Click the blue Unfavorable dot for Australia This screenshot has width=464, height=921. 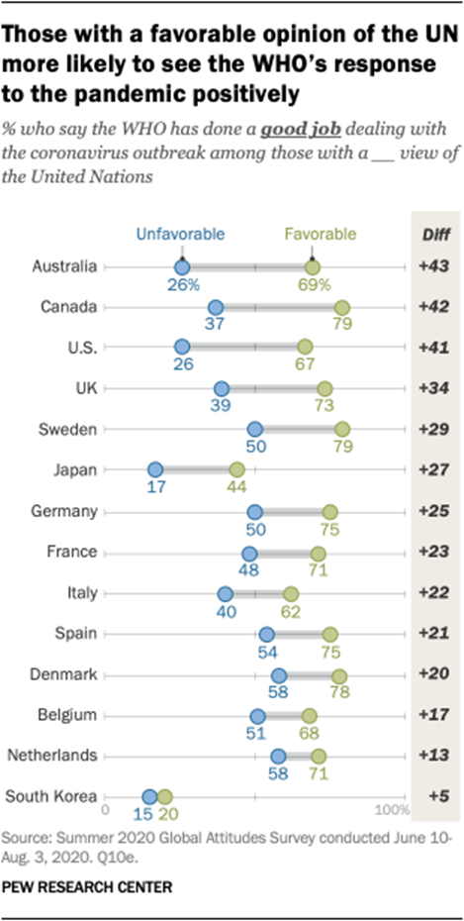pos(181,266)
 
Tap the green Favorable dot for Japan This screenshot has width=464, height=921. pos(236,470)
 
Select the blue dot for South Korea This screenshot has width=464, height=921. pos(149,796)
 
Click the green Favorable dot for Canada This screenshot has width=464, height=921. pos(343,307)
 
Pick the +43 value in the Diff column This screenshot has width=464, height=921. pos(432,266)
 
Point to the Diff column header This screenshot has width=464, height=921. pos(432,235)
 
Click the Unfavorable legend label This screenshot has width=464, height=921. pos(182,235)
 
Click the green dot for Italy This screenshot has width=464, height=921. pos(290,593)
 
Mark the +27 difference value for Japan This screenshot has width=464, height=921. pos(432,470)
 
